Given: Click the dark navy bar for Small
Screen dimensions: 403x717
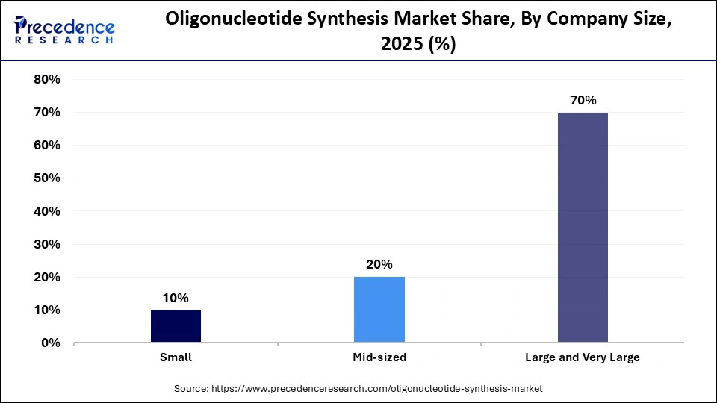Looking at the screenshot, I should pos(176,326).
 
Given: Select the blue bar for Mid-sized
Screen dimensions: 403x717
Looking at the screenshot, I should pos(379,310).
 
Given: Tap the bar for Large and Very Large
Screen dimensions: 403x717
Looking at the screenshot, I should pos(583,228).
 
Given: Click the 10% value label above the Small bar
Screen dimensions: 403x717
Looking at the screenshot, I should pos(176,298).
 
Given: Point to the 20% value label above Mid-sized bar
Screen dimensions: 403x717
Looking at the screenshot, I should pos(379,264).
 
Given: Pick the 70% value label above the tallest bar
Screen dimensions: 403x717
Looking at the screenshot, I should pos(583,100).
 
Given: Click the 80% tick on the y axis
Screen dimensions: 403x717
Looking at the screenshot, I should pos(47,79).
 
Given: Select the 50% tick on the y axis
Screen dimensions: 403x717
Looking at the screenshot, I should pos(47,178).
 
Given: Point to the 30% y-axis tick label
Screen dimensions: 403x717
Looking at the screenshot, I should pos(47,244).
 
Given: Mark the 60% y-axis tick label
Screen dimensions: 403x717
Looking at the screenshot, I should pos(47,146).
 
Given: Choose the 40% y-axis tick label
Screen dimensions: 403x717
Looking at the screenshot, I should pos(47,211).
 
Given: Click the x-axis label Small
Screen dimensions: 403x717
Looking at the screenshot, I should pos(176,357).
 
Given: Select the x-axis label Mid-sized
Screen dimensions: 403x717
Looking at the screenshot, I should pos(379,357).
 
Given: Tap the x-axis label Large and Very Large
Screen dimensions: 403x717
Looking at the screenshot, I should pos(583,357).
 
